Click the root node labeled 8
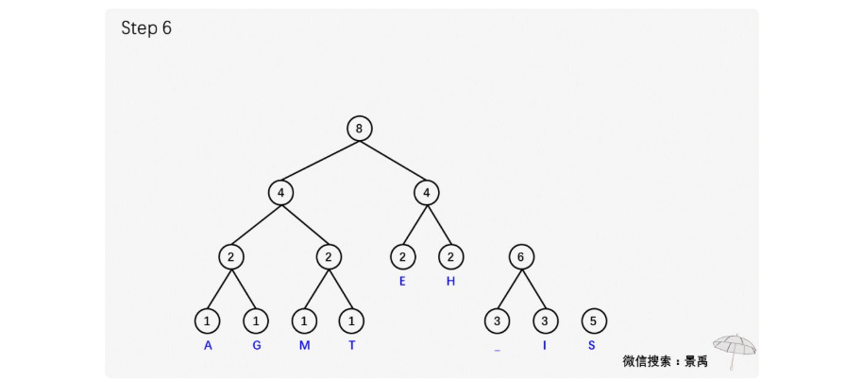pyautogui.click(x=359, y=129)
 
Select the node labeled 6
pyautogui.click(x=520, y=256)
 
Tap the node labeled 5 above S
pyautogui.click(x=592, y=321)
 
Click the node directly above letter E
pyautogui.click(x=402, y=256)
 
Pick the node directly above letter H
pyautogui.click(x=450, y=256)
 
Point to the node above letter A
pyautogui.click(x=208, y=321)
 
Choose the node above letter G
pyautogui.click(x=256, y=321)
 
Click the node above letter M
pyautogui.click(x=304, y=321)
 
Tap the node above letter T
pyautogui.click(x=351, y=321)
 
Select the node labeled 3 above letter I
pyautogui.click(x=544, y=321)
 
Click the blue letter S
pyautogui.click(x=592, y=345)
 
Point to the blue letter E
pyautogui.click(x=402, y=281)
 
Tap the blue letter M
pyautogui.click(x=304, y=345)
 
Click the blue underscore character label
pyautogui.click(x=497, y=350)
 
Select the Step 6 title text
pyautogui.click(x=146, y=28)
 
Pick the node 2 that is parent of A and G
pyautogui.click(x=231, y=256)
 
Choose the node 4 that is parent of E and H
pyautogui.click(x=427, y=193)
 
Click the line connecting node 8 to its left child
pyautogui.click(x=320, y=161)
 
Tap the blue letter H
pyautogui.click(x=450, y=281)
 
